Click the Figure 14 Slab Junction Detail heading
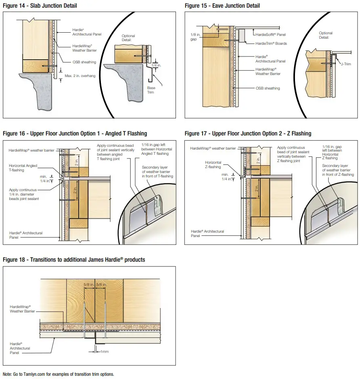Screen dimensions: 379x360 pyautogui.click(x=40, y=6)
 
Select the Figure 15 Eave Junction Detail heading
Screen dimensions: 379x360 pyautogui.click(x=222, y=6)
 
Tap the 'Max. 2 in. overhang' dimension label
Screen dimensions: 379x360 pyautogui.click(x=80, y=76)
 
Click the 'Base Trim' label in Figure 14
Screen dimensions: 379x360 pyautogui.click(x=151, y=90)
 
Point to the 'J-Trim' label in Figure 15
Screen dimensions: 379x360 pyautogui.click(x=346, y=64)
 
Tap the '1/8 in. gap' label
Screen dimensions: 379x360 pyautogui.click(x=195, y=37)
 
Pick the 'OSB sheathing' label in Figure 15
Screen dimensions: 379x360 pyautogui.click(x=268, y=88)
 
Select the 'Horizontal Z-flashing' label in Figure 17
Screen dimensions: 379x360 pyautogui.click(x=213, y=165)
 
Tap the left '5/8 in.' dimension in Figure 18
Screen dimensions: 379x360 pyautogui.click(x=88, y=285)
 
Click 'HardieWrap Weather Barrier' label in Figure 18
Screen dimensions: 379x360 pyautogui.click(x=20, y=309)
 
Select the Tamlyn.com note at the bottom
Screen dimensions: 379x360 pyautogui.click(x=59, y=374)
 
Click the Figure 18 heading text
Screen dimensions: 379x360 pyautogui.click(x=74, y=260)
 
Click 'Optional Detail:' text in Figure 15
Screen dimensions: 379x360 pyautogui.click(x=326, y=35)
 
